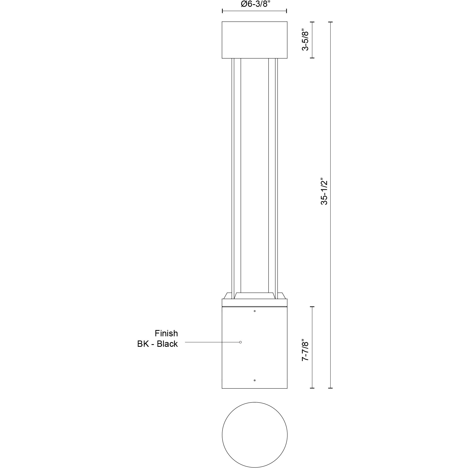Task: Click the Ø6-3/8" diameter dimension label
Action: click(x=255, y=5)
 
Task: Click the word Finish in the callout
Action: click(x=166, y=333)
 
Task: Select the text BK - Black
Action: click(x=158, y=344)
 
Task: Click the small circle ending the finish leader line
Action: click(x=241, y=342)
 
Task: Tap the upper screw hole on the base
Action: click(x=255, y=311)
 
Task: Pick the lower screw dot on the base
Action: click(x=255, y=380)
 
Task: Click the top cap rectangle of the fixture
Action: click(x=255, y=40)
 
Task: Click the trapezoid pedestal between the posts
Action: click(x=255, y=296)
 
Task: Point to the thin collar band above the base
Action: click(x=255, y=303)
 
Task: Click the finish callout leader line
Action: click(x=212, y=342)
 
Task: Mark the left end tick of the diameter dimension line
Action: click(x=222, y=11)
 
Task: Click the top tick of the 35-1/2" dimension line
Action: click(x=331, y=22)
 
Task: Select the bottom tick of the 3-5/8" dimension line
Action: click(x=312, y=58)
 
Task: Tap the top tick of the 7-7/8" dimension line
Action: click(x=312, y=306)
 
